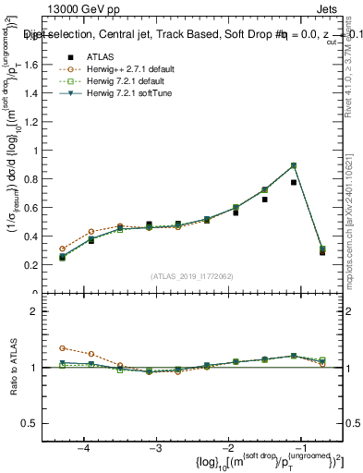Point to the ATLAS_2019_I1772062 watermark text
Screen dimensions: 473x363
coord(191,274)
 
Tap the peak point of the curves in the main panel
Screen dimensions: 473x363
coord(294,165)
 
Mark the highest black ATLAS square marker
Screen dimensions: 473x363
coord(294,182)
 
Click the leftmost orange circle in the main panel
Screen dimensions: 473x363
coord(62,249)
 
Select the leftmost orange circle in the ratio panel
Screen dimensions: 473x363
coord(62,348)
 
